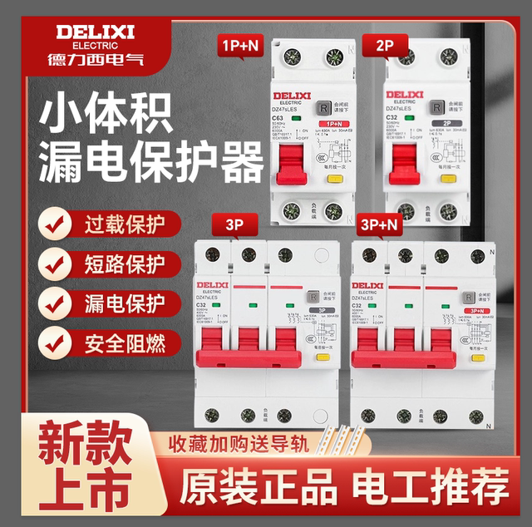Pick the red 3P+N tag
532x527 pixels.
tap(381, 224)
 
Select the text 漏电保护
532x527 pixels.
tap(125, 303)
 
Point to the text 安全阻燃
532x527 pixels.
tap(125, 341)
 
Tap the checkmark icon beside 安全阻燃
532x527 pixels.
tap(56, 341)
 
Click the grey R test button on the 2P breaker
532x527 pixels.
tap(434, 107)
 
